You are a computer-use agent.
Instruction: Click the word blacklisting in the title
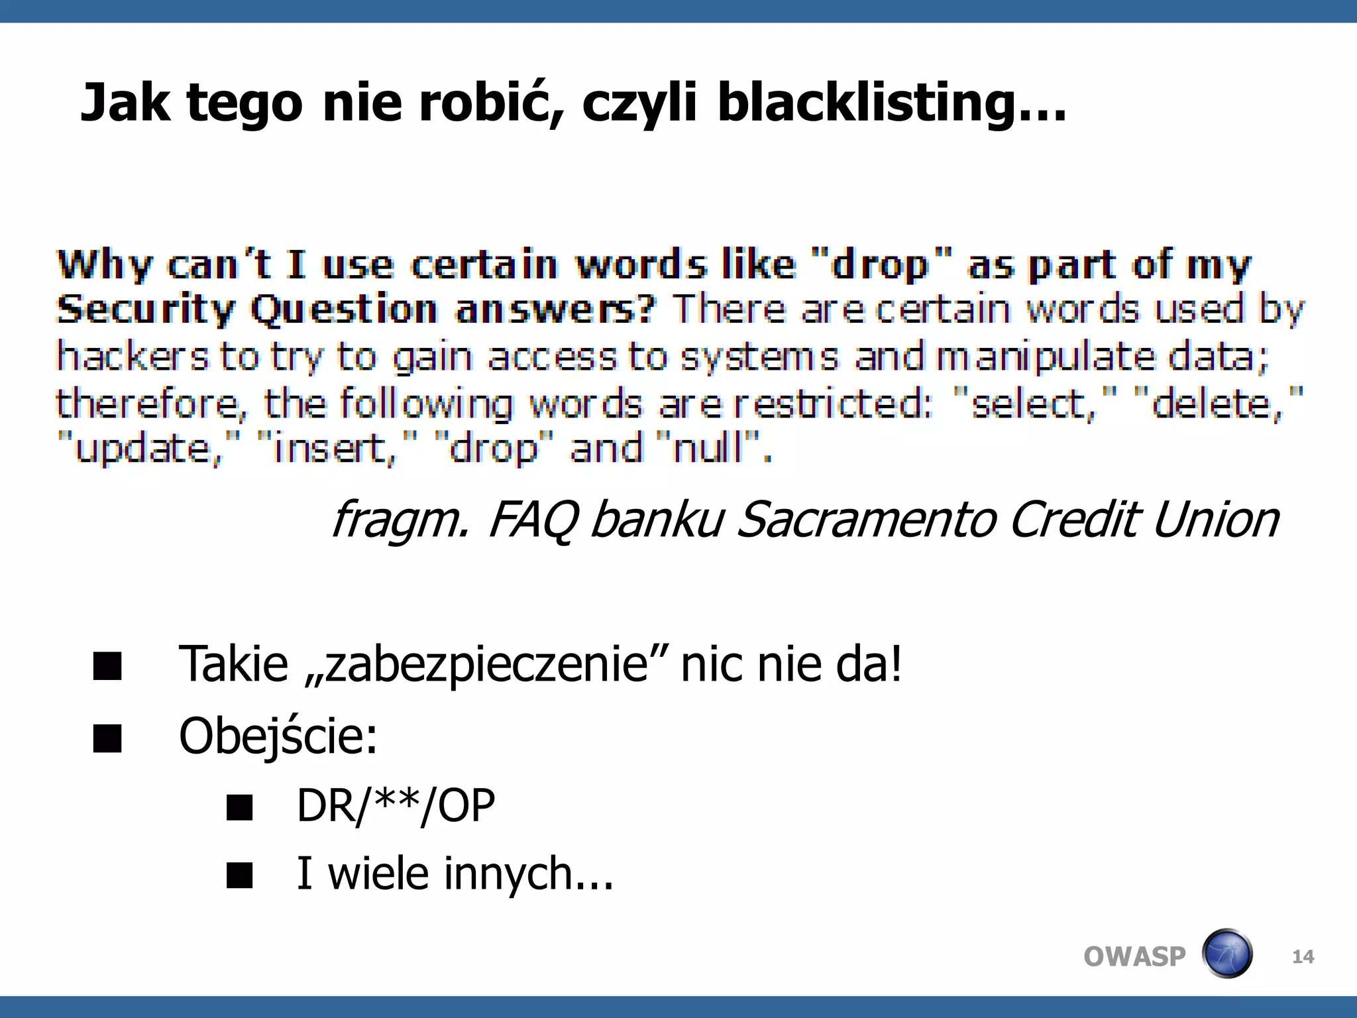(891, 104)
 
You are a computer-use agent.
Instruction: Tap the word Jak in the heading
(125, 103)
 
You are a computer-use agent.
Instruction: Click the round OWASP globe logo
(1226, 954)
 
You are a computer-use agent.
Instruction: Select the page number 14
(1303, 956)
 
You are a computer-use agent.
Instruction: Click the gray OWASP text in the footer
(1134, 956)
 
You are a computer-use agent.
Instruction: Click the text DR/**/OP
(396, 806)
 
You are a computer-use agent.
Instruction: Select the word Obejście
(278, 736)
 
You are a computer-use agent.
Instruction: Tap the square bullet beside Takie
(107, 666)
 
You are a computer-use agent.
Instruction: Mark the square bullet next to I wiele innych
(239, 875)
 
